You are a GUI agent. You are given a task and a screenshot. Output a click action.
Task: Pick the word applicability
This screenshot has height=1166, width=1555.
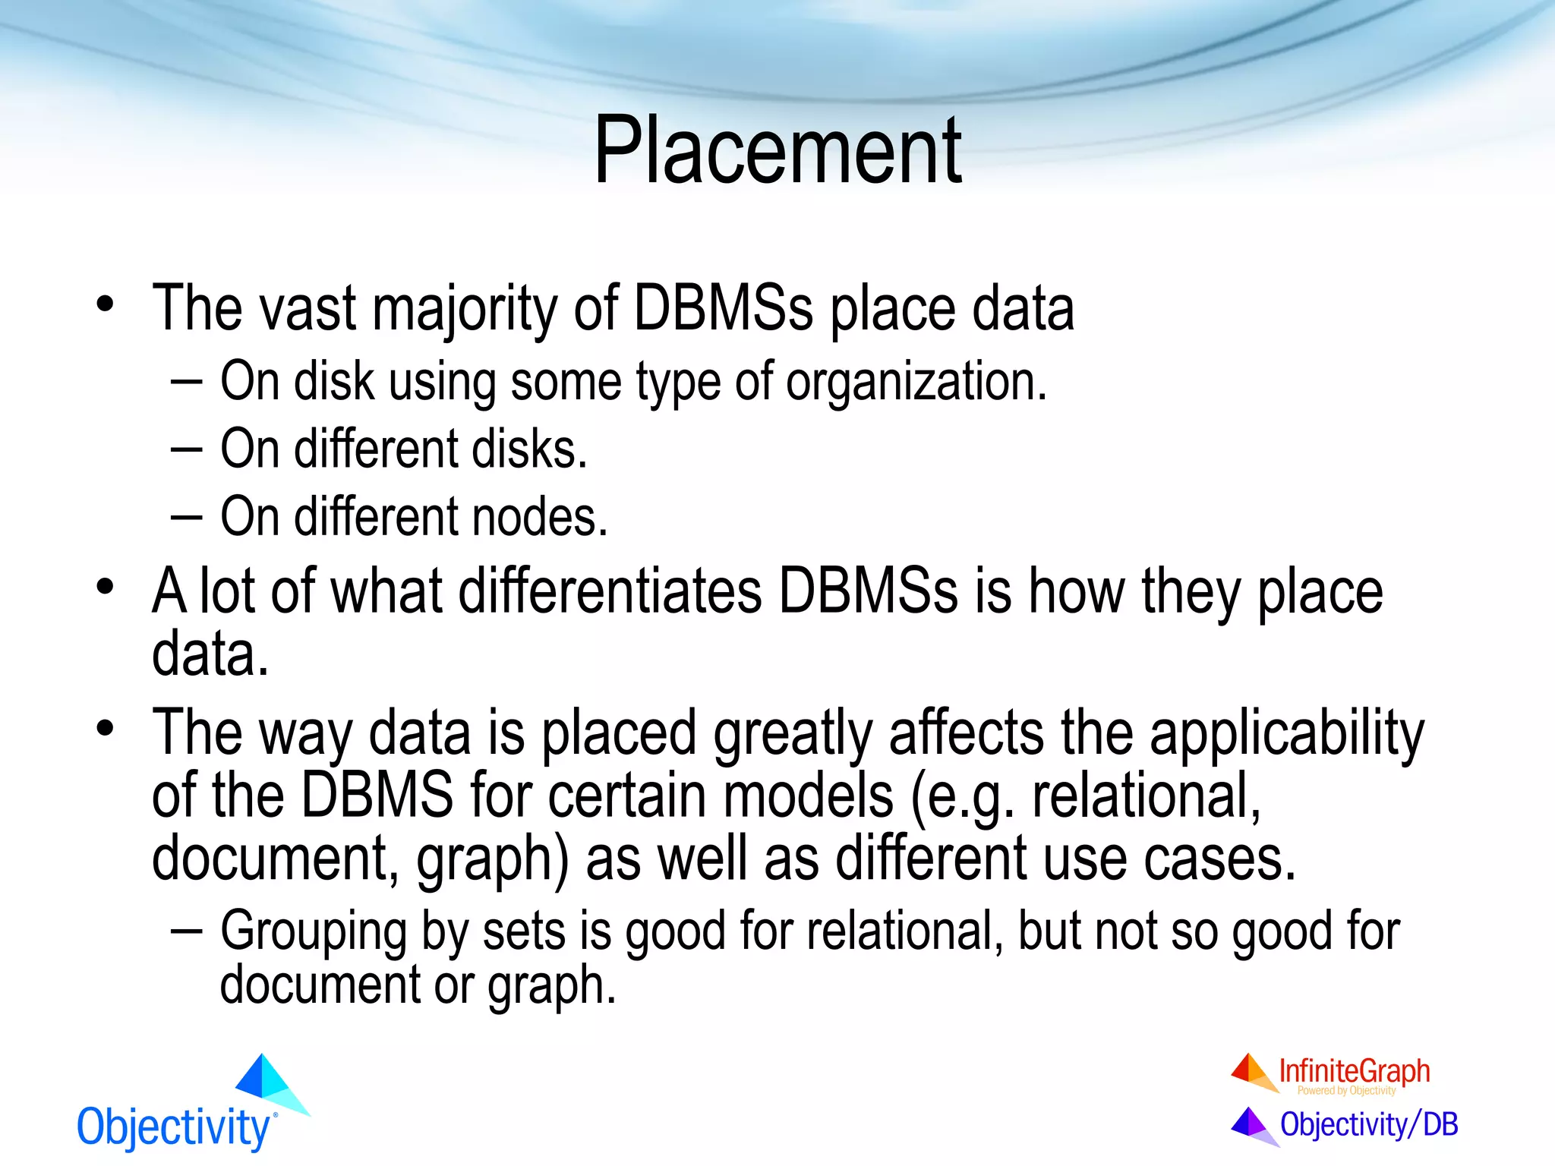1286,733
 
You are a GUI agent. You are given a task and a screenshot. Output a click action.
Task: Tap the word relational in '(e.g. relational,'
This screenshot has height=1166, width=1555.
1146,796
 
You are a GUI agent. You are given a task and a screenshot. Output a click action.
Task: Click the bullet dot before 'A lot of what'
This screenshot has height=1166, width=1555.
105,588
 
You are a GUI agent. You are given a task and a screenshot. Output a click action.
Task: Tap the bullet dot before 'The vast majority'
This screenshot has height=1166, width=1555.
105,304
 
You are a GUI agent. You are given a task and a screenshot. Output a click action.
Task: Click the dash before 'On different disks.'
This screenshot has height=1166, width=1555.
186,449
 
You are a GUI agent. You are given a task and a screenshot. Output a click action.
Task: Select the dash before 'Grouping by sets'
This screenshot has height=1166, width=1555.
186,931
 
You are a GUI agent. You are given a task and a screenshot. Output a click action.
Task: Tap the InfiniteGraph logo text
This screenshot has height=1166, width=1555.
1354,1071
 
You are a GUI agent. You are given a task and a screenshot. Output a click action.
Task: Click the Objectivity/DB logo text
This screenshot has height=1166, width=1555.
1368,1124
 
